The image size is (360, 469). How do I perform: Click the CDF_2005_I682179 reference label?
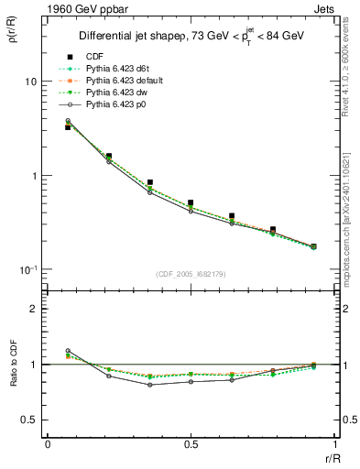tap(190, 275)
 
